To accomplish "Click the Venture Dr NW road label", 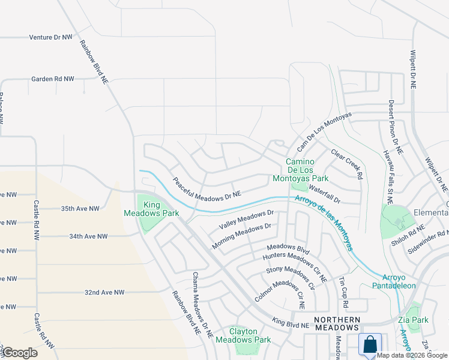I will [51, 37].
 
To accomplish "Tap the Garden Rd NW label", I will [53, 79].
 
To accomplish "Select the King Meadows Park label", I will [143, 209].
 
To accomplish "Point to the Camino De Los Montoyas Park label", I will [307, 170].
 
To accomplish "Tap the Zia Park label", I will [412, 320].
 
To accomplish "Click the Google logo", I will [19, 353].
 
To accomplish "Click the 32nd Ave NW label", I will [104, 292].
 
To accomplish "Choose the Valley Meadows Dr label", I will [246, 220].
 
